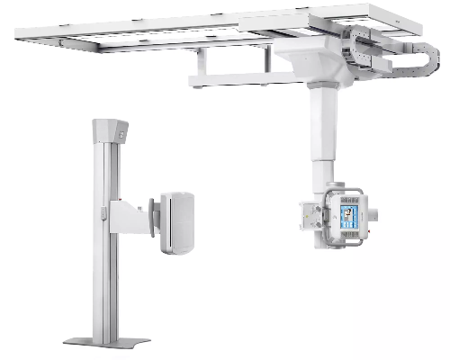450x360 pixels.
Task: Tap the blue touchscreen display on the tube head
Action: [348, 217]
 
